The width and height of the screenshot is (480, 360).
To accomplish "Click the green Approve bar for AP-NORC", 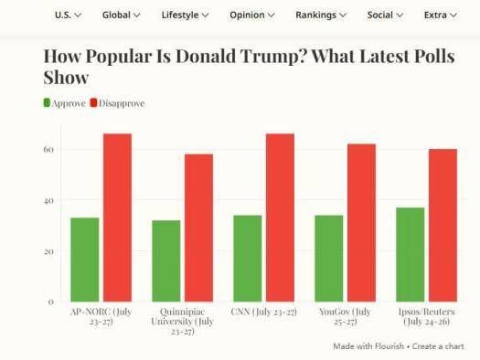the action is (x=85, y=259).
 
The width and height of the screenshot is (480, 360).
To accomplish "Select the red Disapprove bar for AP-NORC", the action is (x=118, y=217).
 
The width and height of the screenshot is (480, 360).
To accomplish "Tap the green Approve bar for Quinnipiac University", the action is (x=166, y=261).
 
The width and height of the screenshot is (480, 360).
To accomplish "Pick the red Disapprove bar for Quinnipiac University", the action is (x=199, y=228).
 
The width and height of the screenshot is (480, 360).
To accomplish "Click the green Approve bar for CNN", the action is (x=248, y=259).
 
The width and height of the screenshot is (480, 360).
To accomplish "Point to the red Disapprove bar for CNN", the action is (x=281, y=217).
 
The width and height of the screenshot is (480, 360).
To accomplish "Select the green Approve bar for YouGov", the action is (x=329, y=259).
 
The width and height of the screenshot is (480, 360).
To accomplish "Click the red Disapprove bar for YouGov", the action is (x=361, y=223).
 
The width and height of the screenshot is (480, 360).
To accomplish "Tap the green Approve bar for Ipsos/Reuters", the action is (x=411, y=255).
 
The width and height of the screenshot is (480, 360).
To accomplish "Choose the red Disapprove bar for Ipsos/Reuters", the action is (x=443, y=225).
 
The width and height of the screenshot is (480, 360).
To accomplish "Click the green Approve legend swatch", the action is (x=47, y=102).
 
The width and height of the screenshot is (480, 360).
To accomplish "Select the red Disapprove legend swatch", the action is (x=93, y=102).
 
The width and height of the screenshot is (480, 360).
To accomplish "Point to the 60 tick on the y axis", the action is (x=48, y=150).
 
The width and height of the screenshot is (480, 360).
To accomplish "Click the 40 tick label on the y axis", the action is (x=48, y=201).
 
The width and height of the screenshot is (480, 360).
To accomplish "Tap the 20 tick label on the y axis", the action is (x=48, y=251).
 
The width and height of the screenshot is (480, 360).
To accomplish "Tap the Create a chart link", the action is (x=438, y=346).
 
